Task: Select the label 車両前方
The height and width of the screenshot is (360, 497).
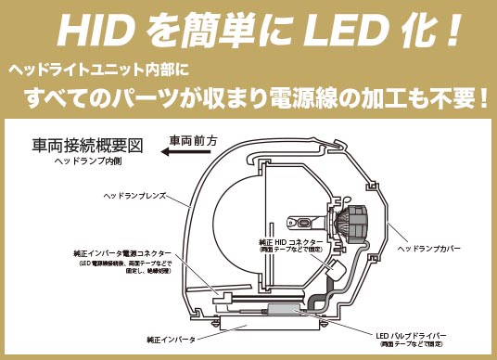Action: [194, 141]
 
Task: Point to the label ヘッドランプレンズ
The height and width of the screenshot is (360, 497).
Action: [136, 197]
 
